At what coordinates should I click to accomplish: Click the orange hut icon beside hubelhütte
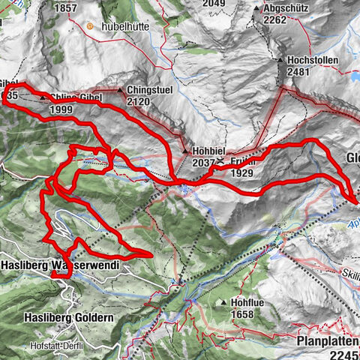click(90, 26)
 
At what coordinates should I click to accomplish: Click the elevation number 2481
click(298, 72)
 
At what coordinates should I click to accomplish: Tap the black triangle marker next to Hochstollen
click(280, 60)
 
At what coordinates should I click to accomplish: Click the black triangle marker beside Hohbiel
click(185, 151)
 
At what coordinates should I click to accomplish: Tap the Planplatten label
click(327, 340)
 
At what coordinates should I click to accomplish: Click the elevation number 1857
click(66, 7)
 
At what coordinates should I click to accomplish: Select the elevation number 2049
click(214, 3)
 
